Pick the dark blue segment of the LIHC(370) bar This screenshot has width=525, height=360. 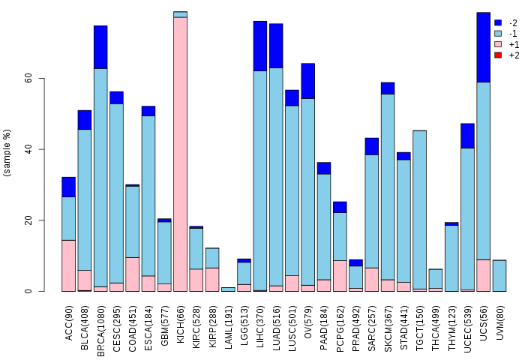260,46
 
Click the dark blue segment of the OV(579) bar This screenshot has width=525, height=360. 307,81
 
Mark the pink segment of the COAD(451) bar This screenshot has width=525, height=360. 132,274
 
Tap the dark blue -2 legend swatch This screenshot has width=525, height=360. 498,23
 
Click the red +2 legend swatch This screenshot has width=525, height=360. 498,55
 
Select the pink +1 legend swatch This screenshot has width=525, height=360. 498,45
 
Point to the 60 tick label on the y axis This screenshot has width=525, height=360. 28,78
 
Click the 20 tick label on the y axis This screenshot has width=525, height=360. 28,220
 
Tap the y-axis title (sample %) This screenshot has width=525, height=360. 8,153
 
